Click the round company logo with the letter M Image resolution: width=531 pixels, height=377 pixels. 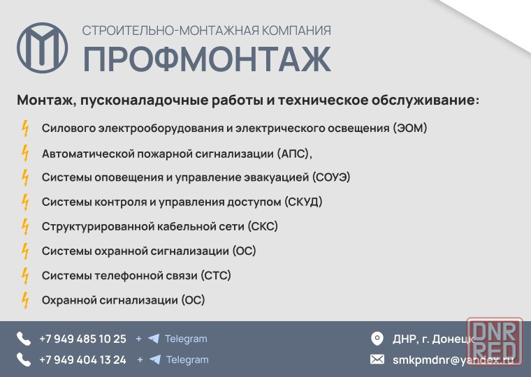click(x=43, y=47)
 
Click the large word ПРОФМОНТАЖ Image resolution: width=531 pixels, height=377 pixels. click(x=207, y=59)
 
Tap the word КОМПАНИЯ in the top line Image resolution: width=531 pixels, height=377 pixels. click(x=297, y=31)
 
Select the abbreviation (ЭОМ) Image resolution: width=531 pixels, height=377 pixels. click(x=410, y=128)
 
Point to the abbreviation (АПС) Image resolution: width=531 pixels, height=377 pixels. click(x=293, y=154)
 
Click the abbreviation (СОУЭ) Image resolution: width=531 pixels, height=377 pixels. click(x=331, y=177)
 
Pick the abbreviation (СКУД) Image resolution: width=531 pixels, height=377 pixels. click(x=303, y=202)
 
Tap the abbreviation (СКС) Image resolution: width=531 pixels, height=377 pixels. click(x=263, y=226)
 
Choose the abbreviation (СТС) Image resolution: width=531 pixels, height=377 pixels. click(x=216, y=276)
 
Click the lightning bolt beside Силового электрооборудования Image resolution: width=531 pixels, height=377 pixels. click(x=25, y=128)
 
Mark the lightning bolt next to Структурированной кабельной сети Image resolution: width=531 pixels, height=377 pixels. click(x=25, y=227)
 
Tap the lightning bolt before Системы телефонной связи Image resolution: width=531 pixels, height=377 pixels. click(x=25, y=276)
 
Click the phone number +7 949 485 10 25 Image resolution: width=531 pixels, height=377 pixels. click(x=82, y=339)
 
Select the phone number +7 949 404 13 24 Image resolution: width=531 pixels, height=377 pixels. click(x=82, y=360)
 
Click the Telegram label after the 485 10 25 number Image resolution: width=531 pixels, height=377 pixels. click(x=186, y=339)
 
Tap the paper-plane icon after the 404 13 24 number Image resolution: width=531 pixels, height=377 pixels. click(x=155, y=360)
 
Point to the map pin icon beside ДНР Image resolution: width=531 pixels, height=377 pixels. click(x=377, y=339)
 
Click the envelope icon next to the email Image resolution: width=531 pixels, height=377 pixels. click(x=377, y=360)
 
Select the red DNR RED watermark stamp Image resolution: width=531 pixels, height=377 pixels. click(x=495, y=341)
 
